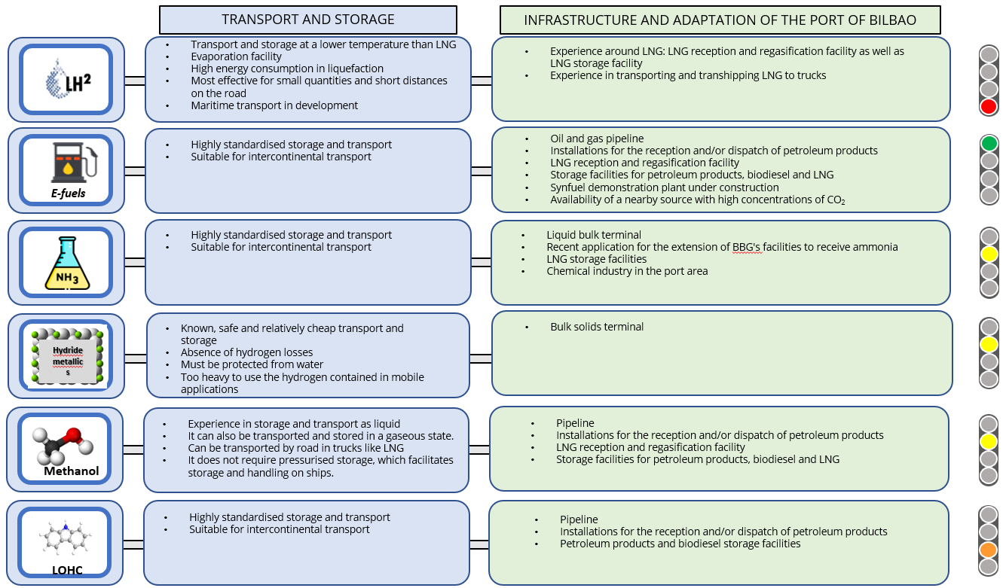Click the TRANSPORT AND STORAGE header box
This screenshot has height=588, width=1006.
[308, 20]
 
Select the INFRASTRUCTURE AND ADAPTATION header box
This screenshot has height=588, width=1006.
[720, 20]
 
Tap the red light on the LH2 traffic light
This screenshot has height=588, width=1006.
[989, 107]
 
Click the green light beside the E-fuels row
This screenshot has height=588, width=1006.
[989, 144]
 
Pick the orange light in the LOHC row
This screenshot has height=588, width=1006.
[988, 550]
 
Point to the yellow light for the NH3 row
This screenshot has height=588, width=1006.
[989, 254]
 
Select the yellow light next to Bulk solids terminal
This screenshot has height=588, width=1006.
[989, 345]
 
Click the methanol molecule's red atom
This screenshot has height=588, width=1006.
[74, 435]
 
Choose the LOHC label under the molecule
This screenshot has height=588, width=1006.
[67, 570]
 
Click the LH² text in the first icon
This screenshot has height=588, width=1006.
[78, 83]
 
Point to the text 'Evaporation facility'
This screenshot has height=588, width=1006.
[236, 56]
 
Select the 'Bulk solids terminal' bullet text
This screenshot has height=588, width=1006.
[597, 327]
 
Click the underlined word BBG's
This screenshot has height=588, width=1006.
[747, 247]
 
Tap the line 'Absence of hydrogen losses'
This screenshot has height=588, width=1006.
[246, 352]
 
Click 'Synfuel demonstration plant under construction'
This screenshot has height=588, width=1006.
[665, 187]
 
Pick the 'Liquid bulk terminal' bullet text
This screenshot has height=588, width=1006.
[594, 235]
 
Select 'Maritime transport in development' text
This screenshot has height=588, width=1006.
[274, 105]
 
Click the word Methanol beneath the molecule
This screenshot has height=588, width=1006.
[72, 471]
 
